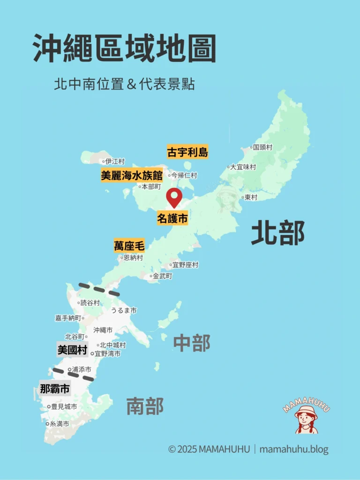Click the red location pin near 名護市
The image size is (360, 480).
(174, 196)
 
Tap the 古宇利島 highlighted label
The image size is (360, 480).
(187, 152)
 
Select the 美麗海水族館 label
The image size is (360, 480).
(132, 175)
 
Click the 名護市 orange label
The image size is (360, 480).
(172, 218)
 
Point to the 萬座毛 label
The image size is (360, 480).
(129, 246)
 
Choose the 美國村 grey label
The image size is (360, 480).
(72, 350)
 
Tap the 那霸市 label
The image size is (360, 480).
(55, 388)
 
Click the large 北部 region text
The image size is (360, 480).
(278, 233)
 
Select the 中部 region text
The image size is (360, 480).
(192, 343)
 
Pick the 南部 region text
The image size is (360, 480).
(145, 406)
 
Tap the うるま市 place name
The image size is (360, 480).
(124, 310)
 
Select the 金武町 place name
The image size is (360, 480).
(162, 276)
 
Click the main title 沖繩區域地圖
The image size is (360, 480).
(124, 49)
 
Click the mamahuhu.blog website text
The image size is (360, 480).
(294, 449)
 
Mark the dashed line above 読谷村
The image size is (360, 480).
(99, 289)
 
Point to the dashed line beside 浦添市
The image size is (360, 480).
(74, 374)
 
